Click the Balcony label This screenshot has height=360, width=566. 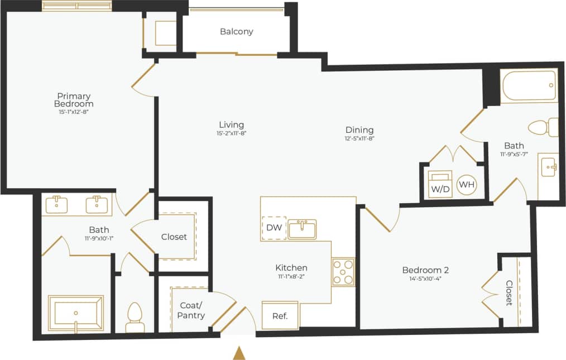tap(236, 32)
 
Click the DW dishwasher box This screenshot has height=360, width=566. tap(274, 228)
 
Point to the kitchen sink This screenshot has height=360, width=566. tap(303, 229)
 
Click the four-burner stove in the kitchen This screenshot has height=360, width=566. tap(343, 272)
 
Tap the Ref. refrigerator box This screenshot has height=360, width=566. tap(280, 315)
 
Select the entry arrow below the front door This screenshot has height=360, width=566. tap(239, 352)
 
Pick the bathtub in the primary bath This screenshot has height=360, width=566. tap(75, 313)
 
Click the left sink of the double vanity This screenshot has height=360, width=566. tap(57, 204)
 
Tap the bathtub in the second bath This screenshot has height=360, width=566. tap(528, 86)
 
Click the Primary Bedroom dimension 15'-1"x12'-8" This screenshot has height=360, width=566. tap(74, 112)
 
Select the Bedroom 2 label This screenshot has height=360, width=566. tap(425, 270)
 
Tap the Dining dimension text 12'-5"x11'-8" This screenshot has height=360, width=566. tap(359, 139)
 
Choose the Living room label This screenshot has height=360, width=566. tap(231, 124)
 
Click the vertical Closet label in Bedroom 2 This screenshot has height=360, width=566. tap(509, 292)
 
